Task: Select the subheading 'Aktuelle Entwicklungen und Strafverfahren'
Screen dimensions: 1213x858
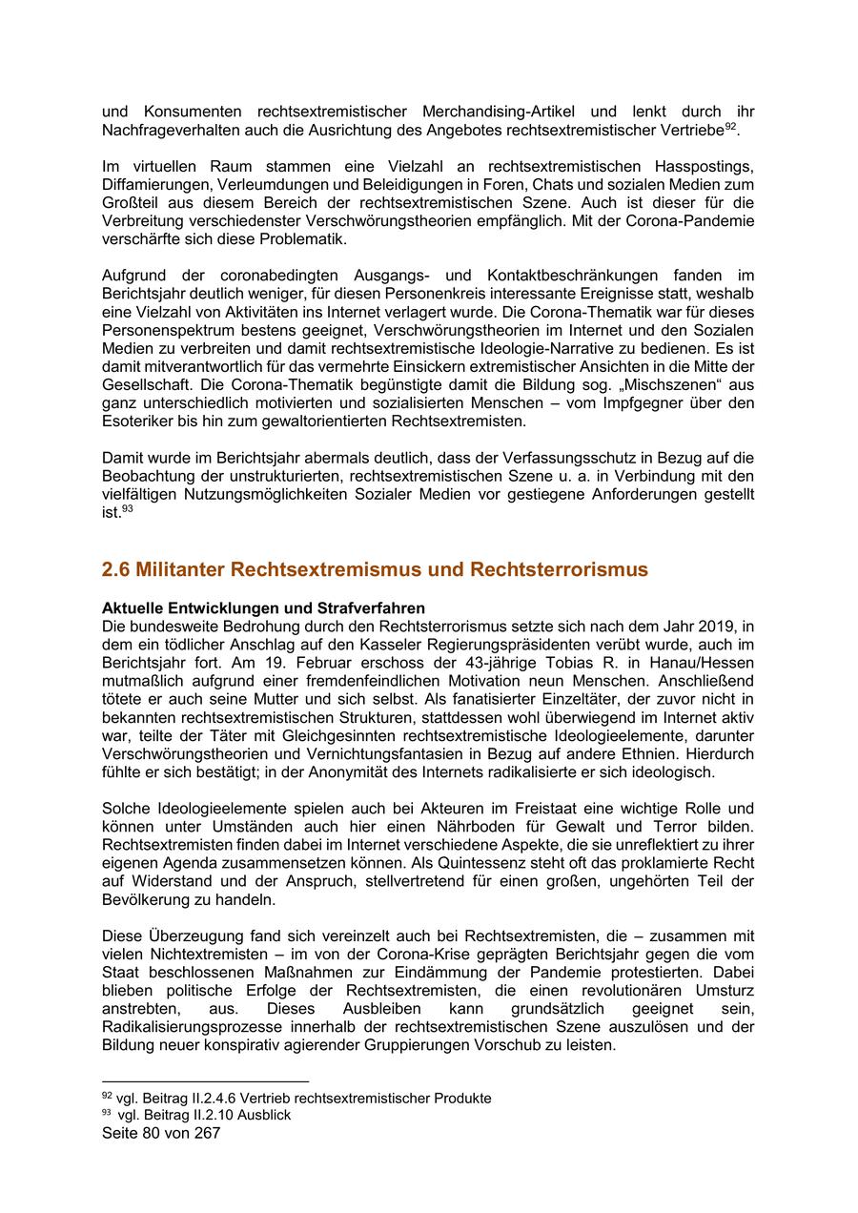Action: click(x=263, y=608)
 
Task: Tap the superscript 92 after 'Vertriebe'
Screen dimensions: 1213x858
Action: click(x=730, y=125)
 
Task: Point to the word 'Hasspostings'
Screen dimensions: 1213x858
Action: click(x=704, y=166)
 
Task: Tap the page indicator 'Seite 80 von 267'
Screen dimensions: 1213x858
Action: click(x=161, y=1134)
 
